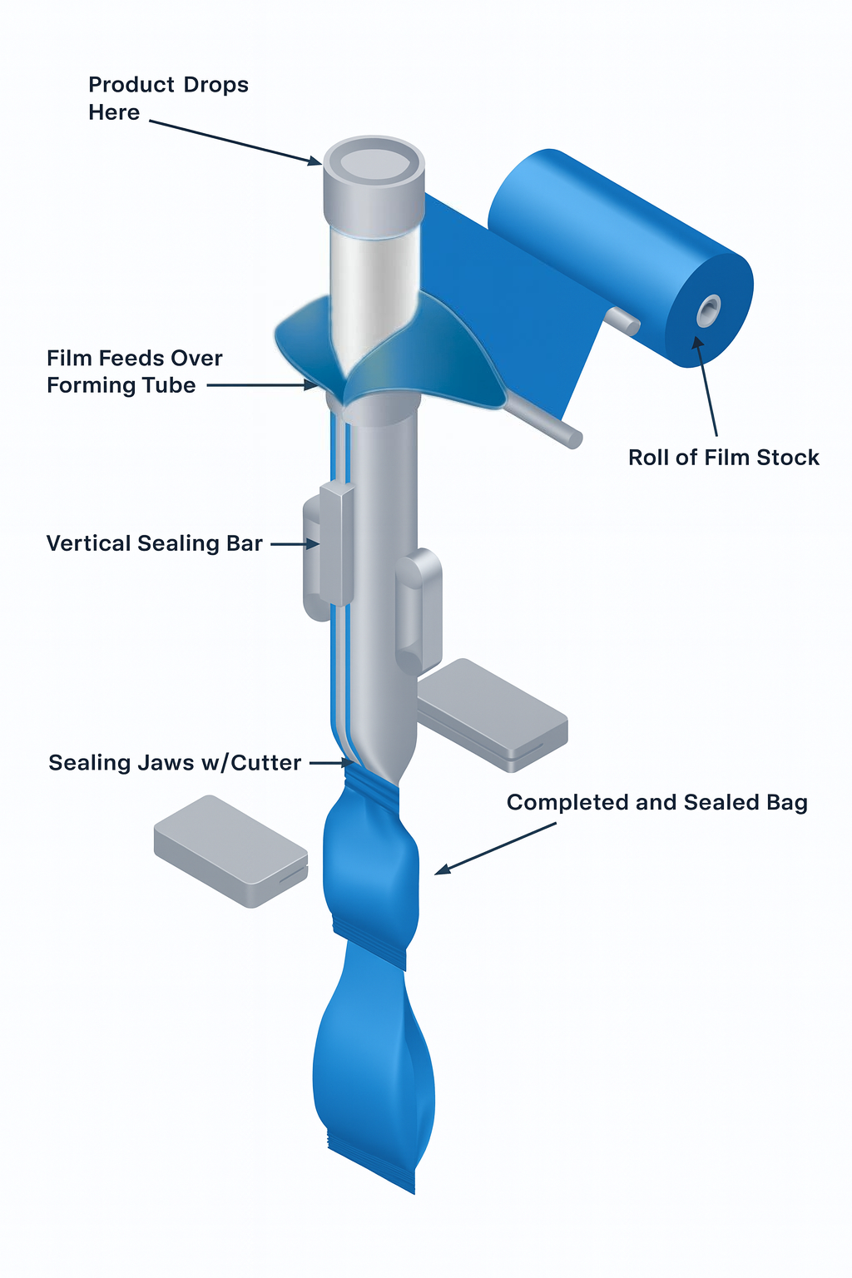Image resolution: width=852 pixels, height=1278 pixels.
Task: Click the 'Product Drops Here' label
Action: coord(168,98)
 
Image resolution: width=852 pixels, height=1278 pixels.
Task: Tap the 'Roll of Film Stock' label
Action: coord(723,458)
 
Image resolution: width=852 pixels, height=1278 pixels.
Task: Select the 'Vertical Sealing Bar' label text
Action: coord(155,543)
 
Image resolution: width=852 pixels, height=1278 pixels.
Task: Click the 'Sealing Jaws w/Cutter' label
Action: coord(175,763)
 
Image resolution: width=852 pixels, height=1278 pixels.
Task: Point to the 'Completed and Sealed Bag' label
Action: coord(656,803)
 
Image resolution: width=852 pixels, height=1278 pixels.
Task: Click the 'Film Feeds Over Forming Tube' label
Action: coord(134,372)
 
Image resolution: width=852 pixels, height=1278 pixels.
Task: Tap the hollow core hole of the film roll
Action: coord(708,311)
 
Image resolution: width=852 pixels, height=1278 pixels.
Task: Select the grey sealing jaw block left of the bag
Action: coord(230,850)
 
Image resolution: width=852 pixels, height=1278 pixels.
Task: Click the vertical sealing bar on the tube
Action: coord(336,545)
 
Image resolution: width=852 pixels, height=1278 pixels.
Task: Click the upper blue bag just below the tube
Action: coord(371,865)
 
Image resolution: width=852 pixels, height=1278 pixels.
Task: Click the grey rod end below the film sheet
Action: coord(572,438)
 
